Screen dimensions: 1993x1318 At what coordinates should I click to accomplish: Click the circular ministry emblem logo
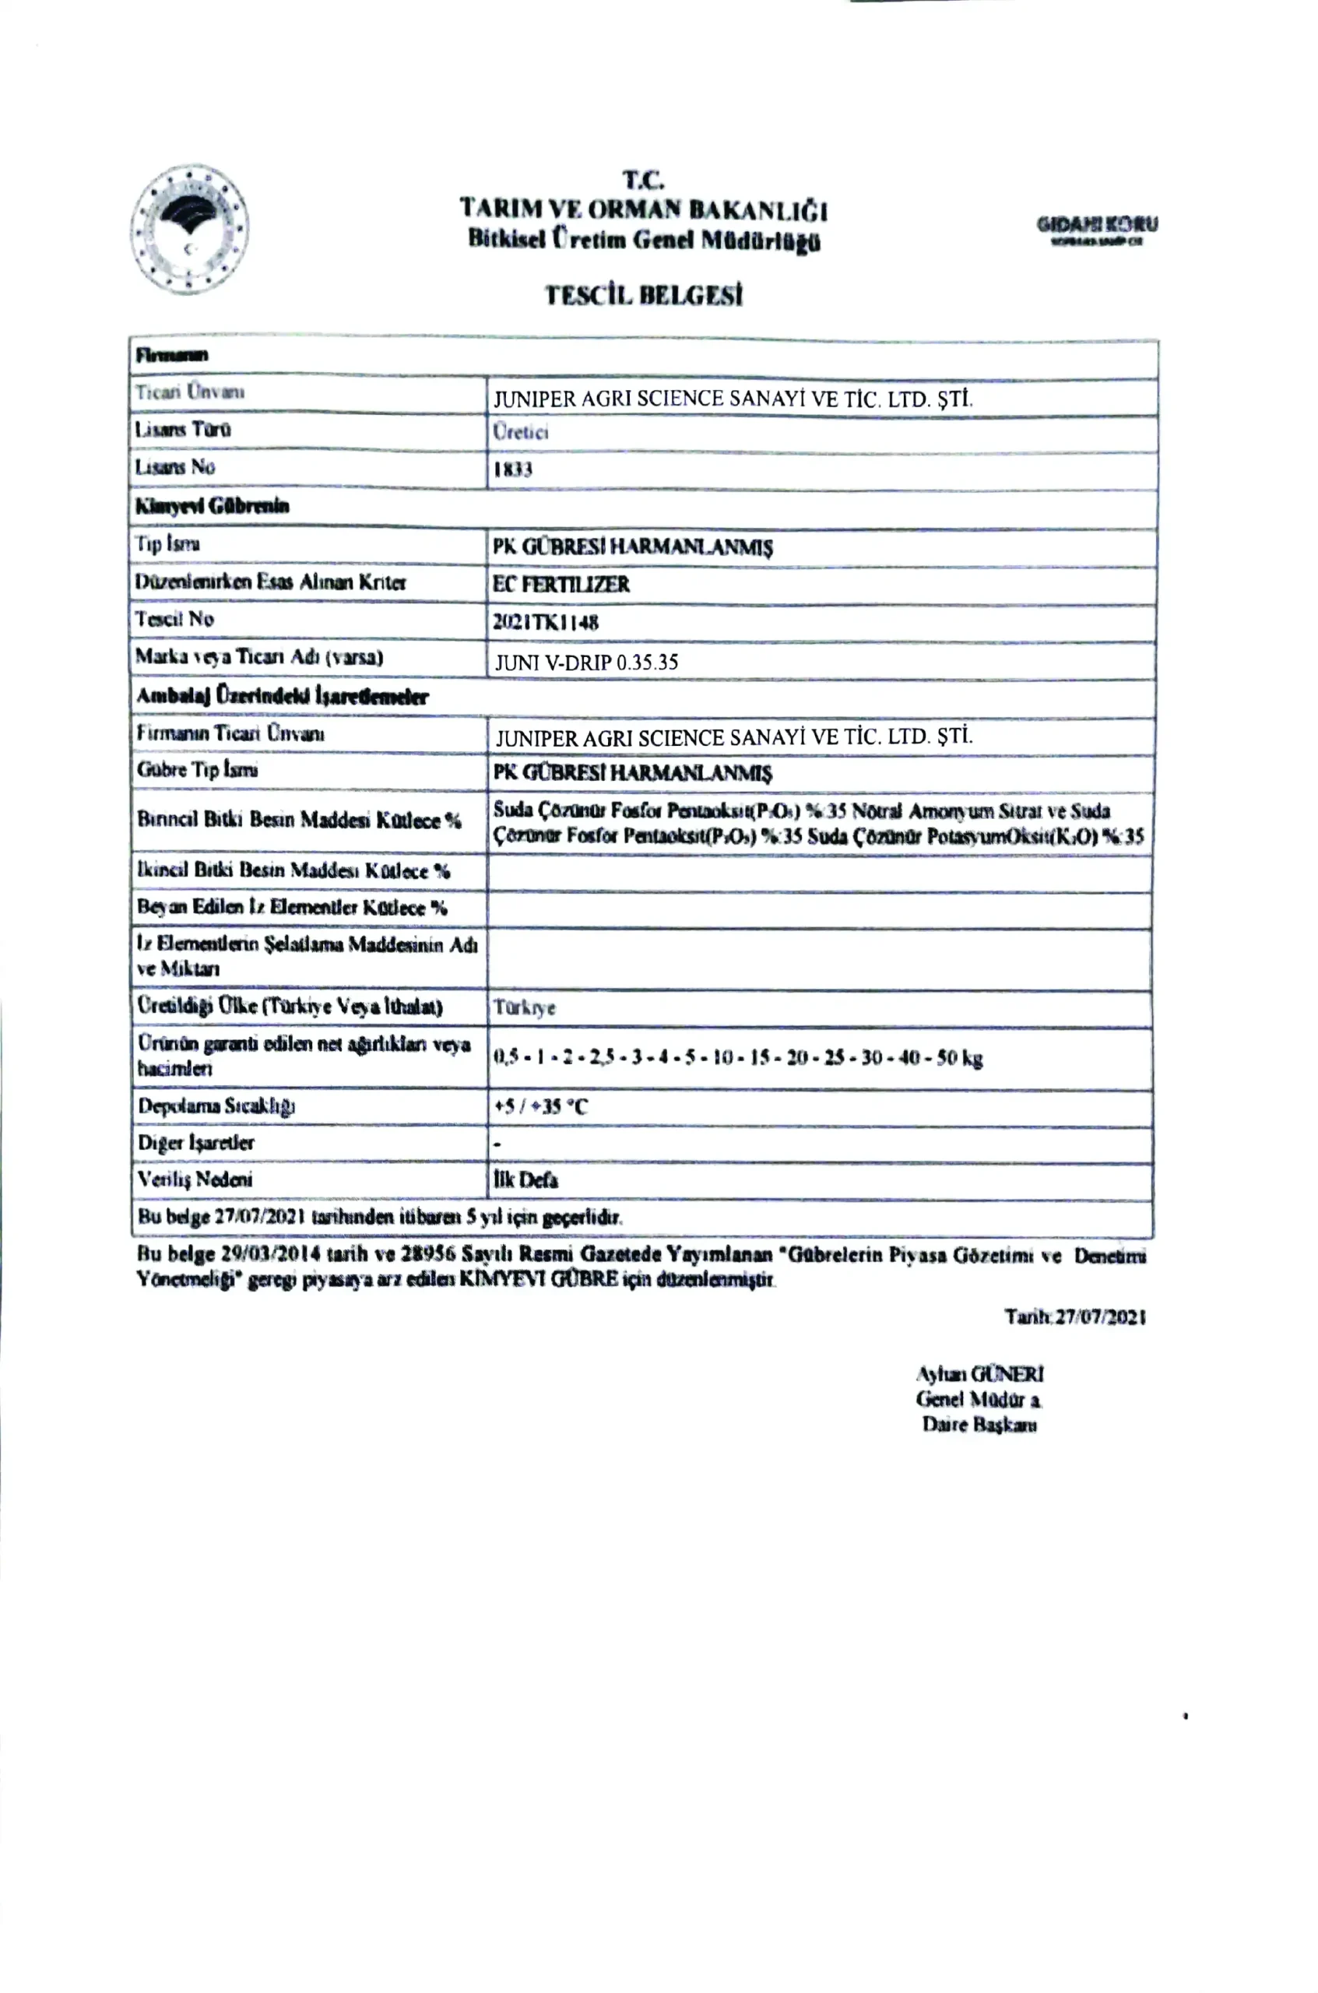pyautogui.click(x=189, y=229)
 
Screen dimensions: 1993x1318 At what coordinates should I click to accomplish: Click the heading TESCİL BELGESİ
pyautogui.click(x=643, y=295)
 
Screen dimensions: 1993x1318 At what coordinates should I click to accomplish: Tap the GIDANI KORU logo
pyautogui.click(x=1096, y=229)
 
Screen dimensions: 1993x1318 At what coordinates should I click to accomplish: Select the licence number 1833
pyautogui.click(x=513, y=469)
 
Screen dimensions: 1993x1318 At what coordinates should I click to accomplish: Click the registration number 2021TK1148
pyautogui.click(x=546, y=622)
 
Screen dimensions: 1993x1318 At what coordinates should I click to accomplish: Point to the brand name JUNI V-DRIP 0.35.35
pyautogui.click(x=586, y=663)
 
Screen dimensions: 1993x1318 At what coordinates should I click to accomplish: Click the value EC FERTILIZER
pyautogui.click(x=561, y=584)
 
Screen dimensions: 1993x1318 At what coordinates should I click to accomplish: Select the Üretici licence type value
pyautogui.click(x=520, y=432)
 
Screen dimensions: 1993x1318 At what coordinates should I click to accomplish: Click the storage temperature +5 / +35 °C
pyautogui.click(x=540, y=1106)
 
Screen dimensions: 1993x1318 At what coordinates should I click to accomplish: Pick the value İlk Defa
pyautogui.click(x=525, y=1180)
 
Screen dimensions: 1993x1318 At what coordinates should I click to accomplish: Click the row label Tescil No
pyautogui.click(x=175, y=620)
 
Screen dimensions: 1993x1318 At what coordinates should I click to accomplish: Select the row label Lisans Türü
pyautogui.click(x=182, y=430)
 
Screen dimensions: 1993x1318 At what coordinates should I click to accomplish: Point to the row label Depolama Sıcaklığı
pyautogui.click(x=216, y=1105)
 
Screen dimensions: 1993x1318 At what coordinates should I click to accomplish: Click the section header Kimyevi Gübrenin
pyautogui.click(x=212, y=506)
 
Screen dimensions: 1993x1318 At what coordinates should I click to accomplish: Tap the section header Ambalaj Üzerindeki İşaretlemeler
pyautogui.click(x=283, y=696)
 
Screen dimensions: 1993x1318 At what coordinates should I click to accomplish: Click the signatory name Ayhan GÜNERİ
pyautogui.click(x=979, y=1373)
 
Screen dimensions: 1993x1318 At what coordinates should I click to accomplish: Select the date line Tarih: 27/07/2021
pyautogui.click(x=1075, y=1316)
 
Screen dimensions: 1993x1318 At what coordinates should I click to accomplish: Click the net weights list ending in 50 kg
pyautogui.click(x=737, y=1057)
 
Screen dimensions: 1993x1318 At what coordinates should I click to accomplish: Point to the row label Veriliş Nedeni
pyautogui.click(x=195, y=1179)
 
